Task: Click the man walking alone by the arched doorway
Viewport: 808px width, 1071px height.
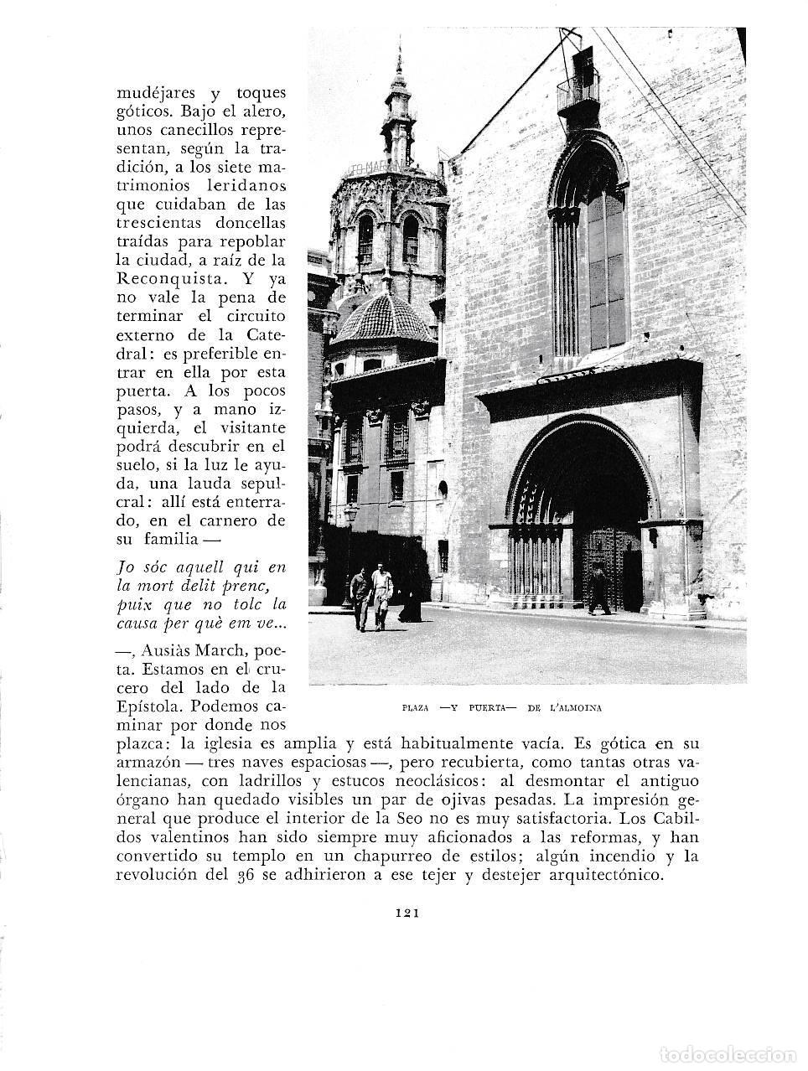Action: pos(598,588)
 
